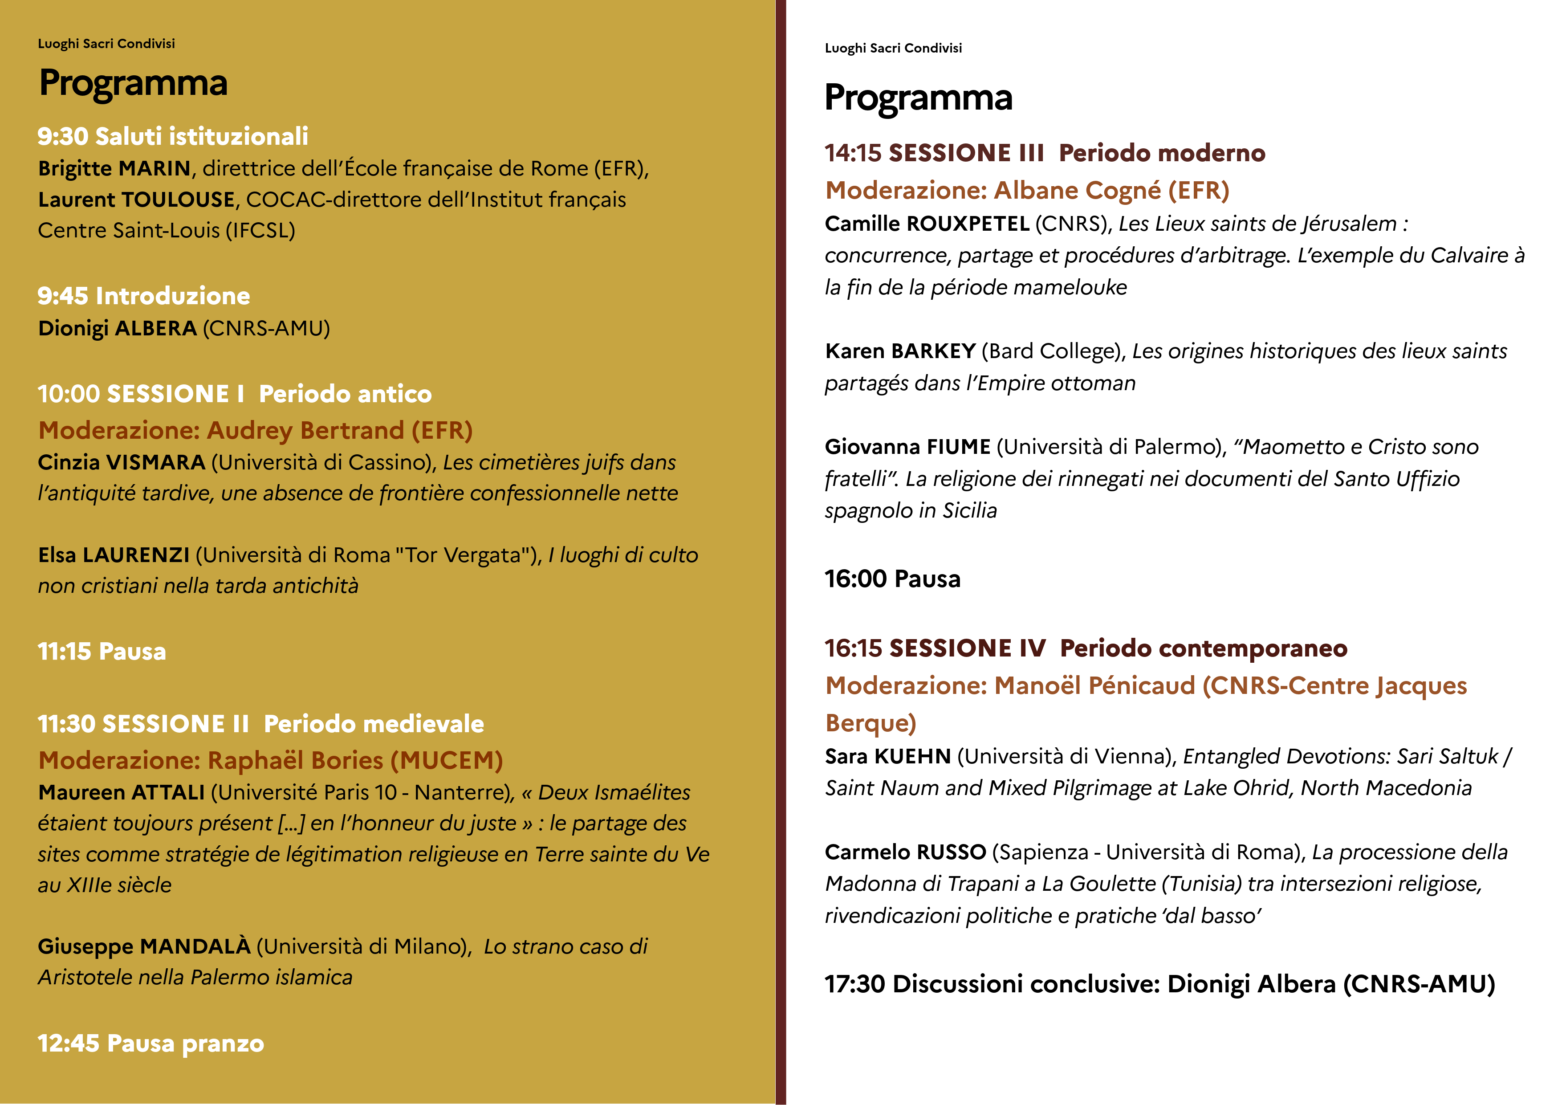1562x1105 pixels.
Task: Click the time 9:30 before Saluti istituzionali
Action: coord(63,136)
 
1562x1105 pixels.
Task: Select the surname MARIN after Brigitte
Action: coord(155,168)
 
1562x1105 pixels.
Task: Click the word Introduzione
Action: coord(173,296)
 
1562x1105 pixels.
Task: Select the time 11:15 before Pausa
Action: coord(64,651)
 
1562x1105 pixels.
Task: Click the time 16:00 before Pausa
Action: coord(855,579)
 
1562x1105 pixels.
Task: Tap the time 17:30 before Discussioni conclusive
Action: coord(854,984)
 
